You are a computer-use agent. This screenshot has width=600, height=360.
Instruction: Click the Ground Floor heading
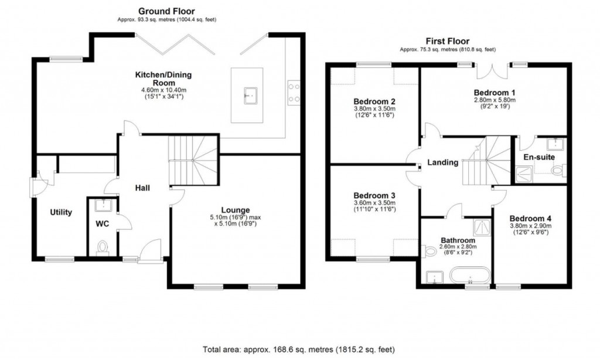[166, 11]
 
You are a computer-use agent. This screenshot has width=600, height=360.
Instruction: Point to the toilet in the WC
[103, 247]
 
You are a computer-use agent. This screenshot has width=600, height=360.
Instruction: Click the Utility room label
[60, 212]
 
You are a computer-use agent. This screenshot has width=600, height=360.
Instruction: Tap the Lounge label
[236, 210]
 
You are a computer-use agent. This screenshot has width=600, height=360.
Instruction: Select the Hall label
[142, 188]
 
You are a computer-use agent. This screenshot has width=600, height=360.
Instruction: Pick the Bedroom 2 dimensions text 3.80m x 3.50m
[374, 108]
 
